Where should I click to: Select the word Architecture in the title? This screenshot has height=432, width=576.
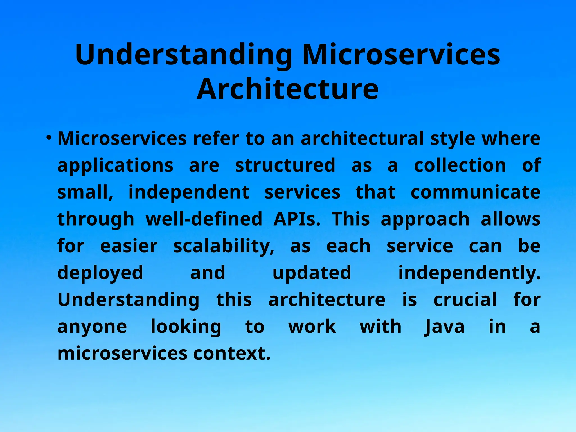(x=288, y=89)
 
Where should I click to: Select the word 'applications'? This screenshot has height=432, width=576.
(x=115, y=165)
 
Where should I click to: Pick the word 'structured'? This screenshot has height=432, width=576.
(x=285, y=165)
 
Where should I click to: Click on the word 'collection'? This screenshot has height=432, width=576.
(x=460, y=165)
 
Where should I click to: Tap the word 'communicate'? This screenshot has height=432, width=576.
(x=476, y=192)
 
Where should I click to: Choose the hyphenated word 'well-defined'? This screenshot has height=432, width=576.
(x=204, y=219)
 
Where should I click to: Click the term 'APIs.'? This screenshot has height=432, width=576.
(x=297, y=219)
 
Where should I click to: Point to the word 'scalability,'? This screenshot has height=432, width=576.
(x=224, y=247)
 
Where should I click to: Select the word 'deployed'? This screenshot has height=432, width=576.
(x=100, y=273)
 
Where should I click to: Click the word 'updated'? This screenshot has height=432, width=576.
(x=312, y=273)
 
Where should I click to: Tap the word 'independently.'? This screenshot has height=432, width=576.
(x=469, y=273)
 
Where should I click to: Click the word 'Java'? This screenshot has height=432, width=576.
(x=444, y=327)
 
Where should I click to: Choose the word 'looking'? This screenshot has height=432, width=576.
(x=186, y=327)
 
